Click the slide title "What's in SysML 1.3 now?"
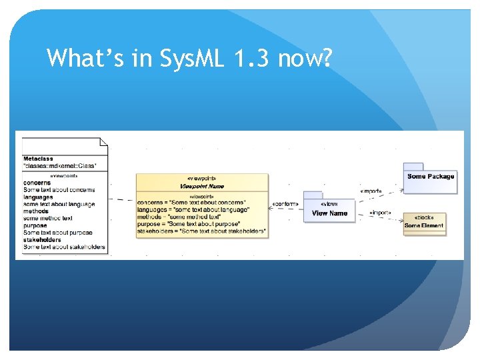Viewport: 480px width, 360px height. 189,59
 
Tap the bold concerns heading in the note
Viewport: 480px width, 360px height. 37,183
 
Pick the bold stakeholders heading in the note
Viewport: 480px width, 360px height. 42,240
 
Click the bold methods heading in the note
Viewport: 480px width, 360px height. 36,211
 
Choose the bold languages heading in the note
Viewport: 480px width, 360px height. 38,197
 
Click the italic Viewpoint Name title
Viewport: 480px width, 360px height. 201,187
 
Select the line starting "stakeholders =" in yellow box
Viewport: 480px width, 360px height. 201,231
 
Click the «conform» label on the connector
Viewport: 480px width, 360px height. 285,205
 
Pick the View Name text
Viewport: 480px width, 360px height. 329,213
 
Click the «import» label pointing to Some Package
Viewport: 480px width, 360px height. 371,191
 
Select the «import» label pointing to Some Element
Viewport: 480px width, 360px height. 379,213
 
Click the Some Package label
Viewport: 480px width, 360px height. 431,177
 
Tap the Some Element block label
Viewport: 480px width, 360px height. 423,226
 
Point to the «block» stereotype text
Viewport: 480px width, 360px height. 423,218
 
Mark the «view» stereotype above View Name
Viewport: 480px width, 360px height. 329,204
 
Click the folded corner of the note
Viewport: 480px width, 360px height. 103,141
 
